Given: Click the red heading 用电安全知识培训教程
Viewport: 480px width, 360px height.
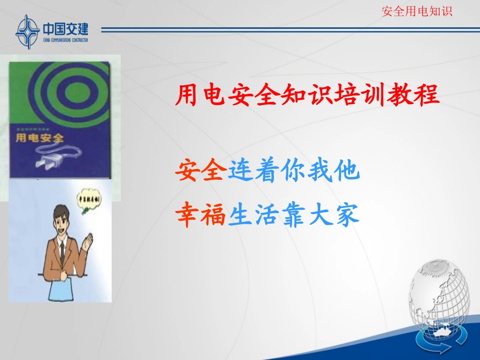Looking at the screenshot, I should pos(307,95).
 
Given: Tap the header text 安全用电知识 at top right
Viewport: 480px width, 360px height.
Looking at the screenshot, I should pos(417,11).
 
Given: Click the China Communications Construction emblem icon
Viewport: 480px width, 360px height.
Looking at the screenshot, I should pos(26,31).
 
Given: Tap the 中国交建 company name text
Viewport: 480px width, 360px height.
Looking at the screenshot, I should pos(66,29).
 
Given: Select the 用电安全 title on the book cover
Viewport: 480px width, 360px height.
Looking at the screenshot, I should pos(40,137).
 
